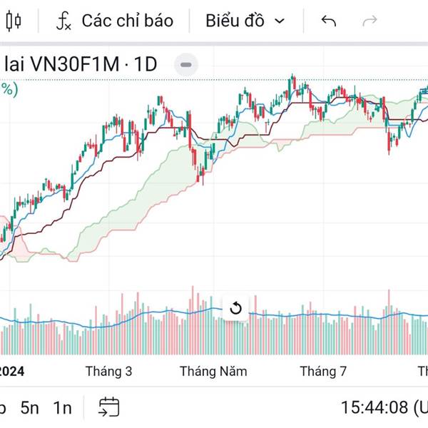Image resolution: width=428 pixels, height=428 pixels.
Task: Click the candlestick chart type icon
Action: pos(14,21)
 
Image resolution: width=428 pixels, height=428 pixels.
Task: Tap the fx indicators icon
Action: pos(64,21)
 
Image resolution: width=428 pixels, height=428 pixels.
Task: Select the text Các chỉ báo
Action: pos(127,21)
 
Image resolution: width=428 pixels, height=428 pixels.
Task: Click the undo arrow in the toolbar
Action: pos(329,21)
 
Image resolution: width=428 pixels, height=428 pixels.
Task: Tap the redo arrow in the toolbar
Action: pos(370,21)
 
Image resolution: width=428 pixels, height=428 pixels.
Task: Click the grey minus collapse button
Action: pos(186,64)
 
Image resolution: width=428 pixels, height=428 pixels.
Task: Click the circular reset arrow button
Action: pos(235,309)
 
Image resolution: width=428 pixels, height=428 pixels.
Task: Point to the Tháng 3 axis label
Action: pos(108,371)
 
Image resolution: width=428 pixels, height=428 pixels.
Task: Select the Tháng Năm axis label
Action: pos(213,371)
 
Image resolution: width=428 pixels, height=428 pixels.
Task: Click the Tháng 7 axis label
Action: pos(323,371)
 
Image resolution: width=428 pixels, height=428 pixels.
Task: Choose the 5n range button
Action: pos(30,408)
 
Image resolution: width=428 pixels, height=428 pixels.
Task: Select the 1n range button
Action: pos(63,408)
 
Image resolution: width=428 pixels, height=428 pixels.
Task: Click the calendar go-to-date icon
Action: pos(108,407)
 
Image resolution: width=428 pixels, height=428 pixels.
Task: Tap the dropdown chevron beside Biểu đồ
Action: pos(280,21)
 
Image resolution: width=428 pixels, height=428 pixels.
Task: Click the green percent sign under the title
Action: pos(7,89)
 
